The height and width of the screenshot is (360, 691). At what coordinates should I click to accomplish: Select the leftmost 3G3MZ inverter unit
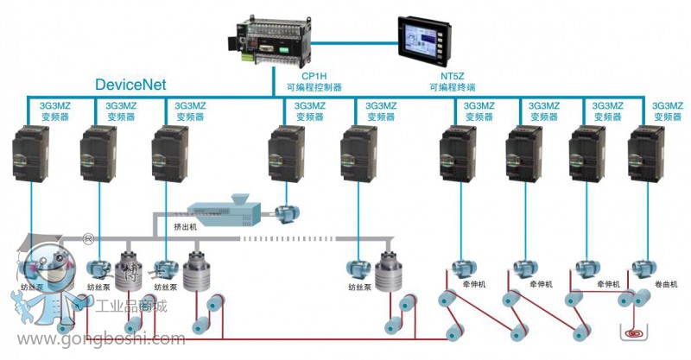tap(32, 153)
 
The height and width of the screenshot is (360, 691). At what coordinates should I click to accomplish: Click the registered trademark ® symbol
tap(87, 238)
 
